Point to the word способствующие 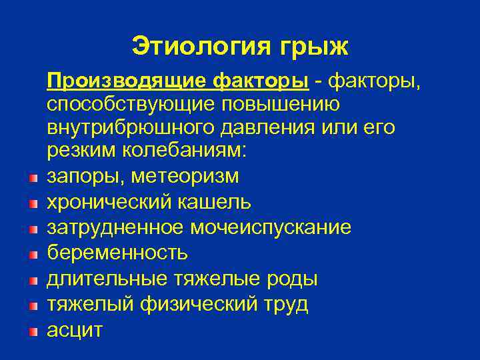(x=126, y=105)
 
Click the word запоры (x=85, y=177)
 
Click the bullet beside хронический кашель (x=33, y=203)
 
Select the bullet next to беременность (x=33, y=254)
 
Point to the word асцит (x=75, y=330)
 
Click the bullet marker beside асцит (x=33, y=331)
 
